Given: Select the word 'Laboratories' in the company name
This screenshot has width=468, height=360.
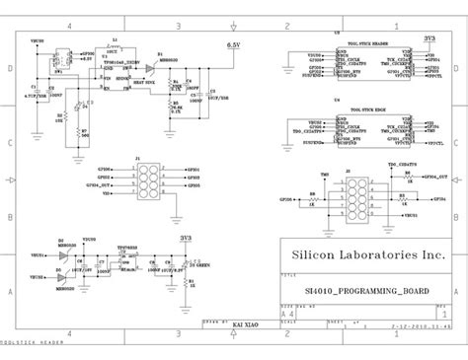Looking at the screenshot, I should pyautogui.click(x=376, y=254).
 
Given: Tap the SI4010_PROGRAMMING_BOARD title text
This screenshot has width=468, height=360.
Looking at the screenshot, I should pyautogui.click(x=359, y=292).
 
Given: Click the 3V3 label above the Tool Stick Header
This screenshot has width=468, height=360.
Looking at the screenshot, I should pyautogui.click(x=430, y=37).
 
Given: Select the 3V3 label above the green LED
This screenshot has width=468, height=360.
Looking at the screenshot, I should pyautogui.click(x=186, y=237).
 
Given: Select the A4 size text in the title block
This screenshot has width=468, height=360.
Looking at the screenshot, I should pyautogui.click(x=286, y=311).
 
